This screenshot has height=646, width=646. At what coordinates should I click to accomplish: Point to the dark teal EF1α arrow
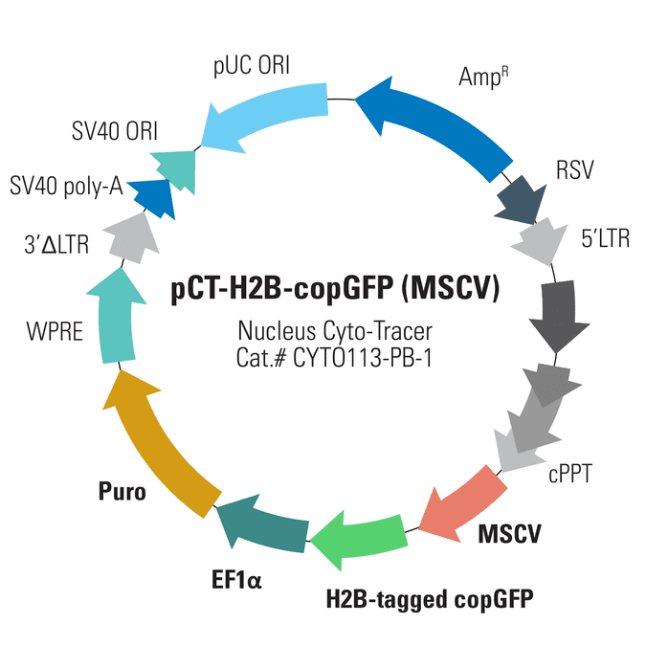click(264, 523)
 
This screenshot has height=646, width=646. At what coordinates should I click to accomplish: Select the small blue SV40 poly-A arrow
click(153, 198)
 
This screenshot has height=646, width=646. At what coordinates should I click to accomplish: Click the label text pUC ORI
click(252, 66)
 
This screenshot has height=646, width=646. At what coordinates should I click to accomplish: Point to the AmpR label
click(483, 77)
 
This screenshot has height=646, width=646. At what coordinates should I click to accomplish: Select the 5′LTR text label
click(605, 238)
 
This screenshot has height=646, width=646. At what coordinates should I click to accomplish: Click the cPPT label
click(570, 474)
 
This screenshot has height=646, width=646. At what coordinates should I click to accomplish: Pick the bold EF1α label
click(236, 579)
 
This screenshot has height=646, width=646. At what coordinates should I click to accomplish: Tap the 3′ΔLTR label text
click(56, 245)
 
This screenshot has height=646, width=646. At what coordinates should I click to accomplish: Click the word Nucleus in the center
click(277, 331)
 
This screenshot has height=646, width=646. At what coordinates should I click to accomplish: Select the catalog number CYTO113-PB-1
click(363, 358)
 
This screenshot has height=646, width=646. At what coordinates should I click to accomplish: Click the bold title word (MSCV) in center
click(451, 288)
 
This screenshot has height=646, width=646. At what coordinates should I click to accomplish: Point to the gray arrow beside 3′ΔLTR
click(132, 239)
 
